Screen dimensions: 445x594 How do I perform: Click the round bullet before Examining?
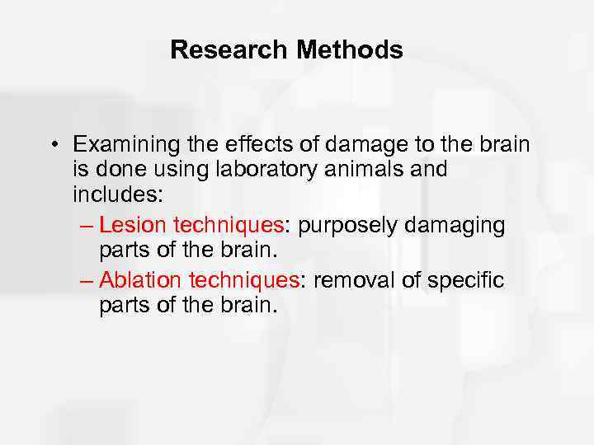point(52,145)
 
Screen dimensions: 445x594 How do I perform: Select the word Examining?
point(124,145)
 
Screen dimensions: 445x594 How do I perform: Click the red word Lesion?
point(132,226)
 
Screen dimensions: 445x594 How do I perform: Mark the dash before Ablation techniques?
point(88,281)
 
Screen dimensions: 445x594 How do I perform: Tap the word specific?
point(464,280)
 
